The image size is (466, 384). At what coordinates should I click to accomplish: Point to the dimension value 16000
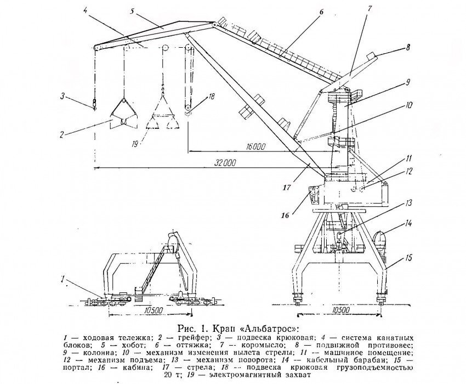point(255,147)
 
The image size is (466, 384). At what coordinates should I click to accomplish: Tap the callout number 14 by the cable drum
point(408,224)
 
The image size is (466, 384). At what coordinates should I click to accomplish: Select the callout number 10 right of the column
point(409,104)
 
